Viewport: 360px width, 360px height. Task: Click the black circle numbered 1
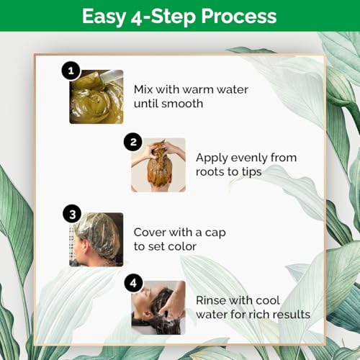coord(71,71)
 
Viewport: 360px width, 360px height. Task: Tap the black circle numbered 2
coord(133,142)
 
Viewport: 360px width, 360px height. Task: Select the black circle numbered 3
coord(72,214)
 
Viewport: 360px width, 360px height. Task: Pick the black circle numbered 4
coord(133,283)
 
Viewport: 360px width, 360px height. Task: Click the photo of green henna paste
coord(96,96)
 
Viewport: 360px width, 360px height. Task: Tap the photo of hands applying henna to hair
coord(158,165)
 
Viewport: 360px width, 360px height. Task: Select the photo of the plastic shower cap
coord(96,240)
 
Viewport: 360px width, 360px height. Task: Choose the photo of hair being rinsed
coord(158,307)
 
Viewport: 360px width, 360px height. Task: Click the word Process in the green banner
coord(239,17)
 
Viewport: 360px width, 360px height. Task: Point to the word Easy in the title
coord(104,17)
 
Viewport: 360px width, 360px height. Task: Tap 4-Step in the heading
coord(163,17)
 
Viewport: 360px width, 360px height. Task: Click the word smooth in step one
coord(182,104)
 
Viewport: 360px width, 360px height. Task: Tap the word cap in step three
coord(215,233)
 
